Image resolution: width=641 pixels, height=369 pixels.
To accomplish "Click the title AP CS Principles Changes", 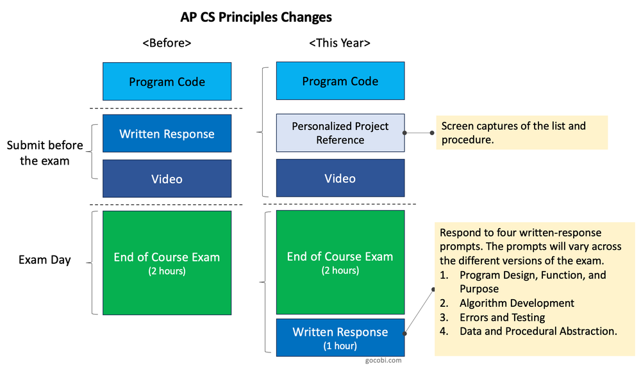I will pos(256,17).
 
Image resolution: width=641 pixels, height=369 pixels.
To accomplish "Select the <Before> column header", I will pos(167,43).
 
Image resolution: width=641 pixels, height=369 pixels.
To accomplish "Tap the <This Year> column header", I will pos(340,43).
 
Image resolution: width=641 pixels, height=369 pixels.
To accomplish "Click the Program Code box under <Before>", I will pos(167,81).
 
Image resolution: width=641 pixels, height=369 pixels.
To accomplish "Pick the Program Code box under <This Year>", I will pos(340,81).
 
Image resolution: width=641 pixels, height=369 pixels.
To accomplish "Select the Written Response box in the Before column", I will pos(167,134).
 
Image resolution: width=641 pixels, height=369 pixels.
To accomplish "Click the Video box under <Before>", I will pos(167,179).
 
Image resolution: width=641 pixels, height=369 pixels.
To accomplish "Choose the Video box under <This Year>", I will pos(340,178).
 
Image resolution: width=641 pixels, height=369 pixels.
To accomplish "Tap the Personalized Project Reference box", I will pos(340,133).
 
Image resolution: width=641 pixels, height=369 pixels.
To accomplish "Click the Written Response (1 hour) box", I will pos(340,337).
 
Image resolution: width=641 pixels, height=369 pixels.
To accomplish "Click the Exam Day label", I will pos(45,260).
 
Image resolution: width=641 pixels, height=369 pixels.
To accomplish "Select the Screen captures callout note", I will pos(521,133).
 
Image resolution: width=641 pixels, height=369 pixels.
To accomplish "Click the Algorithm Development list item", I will pos(517,303).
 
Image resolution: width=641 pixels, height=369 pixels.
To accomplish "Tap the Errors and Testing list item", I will pos(502,317).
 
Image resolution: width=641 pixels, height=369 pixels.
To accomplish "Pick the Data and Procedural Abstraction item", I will pos(538,331).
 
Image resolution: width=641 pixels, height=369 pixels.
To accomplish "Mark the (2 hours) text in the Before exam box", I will pos(167,270).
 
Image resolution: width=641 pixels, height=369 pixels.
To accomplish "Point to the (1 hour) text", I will pos(340,346).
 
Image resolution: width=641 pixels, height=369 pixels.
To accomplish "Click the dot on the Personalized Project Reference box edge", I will pos(404,133).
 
